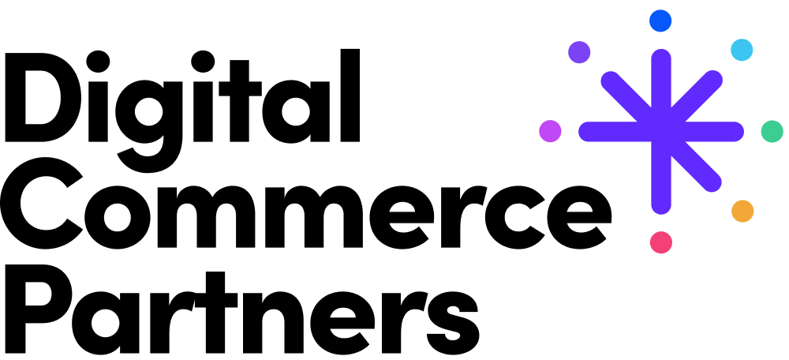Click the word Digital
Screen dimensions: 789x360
point(182,111)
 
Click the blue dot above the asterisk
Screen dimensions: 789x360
point(660,21)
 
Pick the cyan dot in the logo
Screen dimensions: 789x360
point(742,50)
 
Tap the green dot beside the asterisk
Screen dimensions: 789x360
point(772,131)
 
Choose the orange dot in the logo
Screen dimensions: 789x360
point(742,211)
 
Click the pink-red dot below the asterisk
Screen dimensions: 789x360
point(661,242)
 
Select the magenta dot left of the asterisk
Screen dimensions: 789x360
point(550,131)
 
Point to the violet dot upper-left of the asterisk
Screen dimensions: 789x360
point(579,52)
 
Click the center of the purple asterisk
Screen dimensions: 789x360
point(661,131)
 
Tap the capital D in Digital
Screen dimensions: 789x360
point(43,97)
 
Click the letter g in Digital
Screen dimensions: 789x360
point(149,126)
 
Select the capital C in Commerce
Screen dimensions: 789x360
point(42,204)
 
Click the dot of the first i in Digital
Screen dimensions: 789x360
point(98,62)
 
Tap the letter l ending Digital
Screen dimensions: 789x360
point(350,96)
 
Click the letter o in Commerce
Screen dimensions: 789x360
point(118,217)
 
